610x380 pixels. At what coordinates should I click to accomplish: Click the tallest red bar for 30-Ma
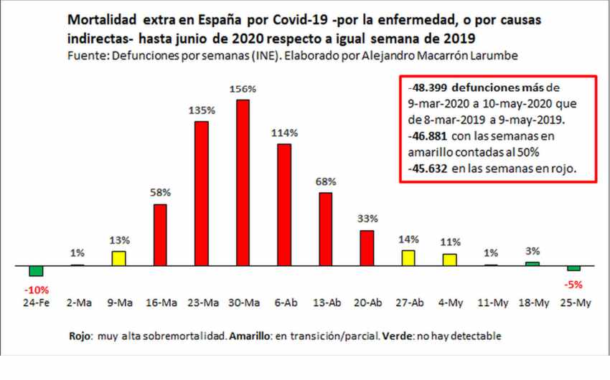click(243, 183)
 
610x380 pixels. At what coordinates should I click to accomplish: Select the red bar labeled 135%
click(202, 194)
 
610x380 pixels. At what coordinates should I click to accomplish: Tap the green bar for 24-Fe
click(36, 271)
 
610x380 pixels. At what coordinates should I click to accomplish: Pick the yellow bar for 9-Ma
click(118, 258)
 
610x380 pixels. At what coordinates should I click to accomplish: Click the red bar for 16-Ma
click(160, 235)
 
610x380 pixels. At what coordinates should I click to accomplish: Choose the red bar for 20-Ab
click(367, 248)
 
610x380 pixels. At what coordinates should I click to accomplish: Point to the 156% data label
click(243, 89)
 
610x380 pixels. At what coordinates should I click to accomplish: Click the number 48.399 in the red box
click(426, 87)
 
